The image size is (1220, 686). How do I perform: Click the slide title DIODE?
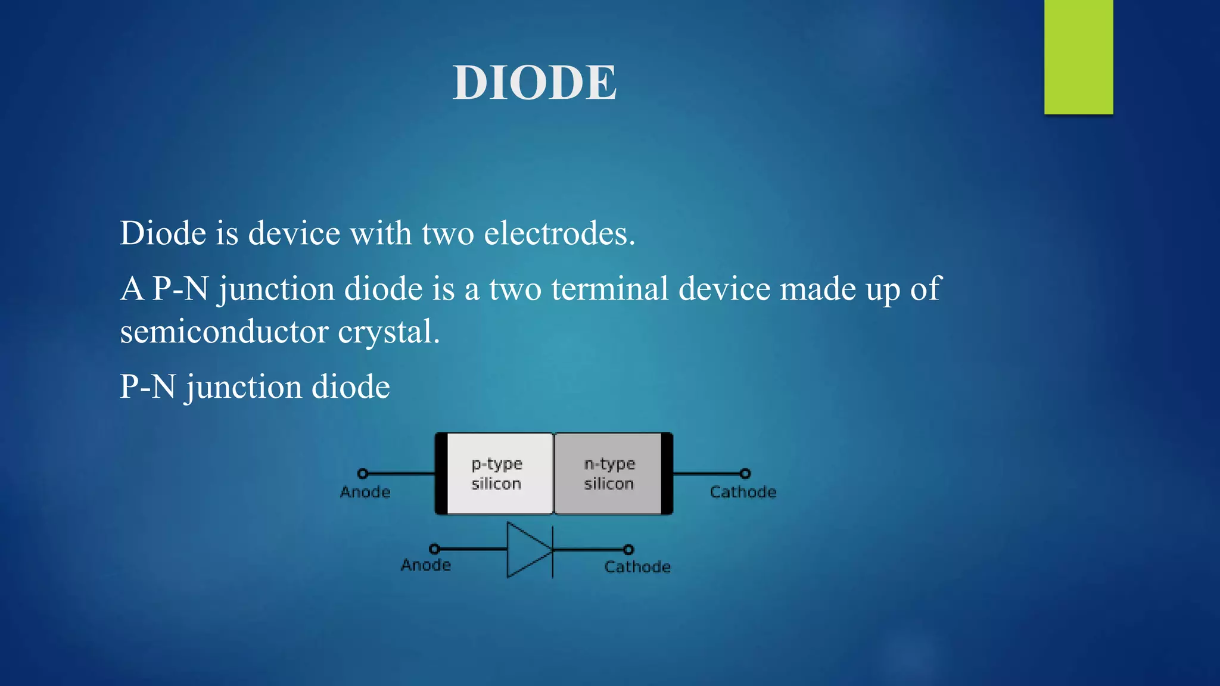(x=534, y=83)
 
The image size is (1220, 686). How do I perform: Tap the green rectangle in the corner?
(x=1078, y=57)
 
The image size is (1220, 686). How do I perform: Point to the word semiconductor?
(x=224, y=331)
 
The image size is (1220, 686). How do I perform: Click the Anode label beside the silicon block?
(x=365, y=492)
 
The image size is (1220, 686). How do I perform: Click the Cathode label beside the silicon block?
(x=743, y=492)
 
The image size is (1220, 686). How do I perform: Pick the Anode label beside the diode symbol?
(x=425, y=565)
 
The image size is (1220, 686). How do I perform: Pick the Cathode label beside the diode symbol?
(x=637, y=566)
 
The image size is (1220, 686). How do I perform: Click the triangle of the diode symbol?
(x=527, y=550)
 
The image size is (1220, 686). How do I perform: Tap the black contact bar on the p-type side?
(x=441, y=473)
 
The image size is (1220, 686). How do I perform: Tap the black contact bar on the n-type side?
(x=667, y=473)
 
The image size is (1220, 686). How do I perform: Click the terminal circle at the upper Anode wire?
(x=362, y=473)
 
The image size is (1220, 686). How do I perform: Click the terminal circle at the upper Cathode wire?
(x=745, y=473)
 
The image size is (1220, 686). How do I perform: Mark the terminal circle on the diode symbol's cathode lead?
(x=628, y=549)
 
